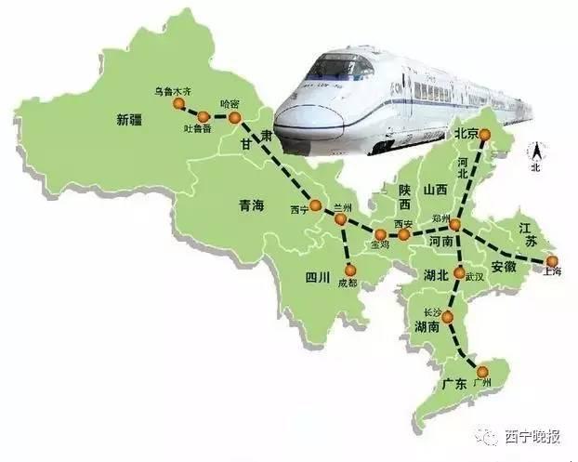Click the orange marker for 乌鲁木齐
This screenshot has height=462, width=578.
pyautogui.click(x=178, y=104)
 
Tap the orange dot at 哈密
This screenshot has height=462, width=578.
pyautogui.click(x=235, y=119)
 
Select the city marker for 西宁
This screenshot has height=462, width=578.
pyautogui.click(x=315, y=206)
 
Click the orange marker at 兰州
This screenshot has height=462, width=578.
pyautogui.click(x=341, y=220)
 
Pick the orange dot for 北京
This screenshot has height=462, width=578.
pyautogui.click(x=484, y=135)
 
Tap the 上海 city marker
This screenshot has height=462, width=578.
pyautogui.click(x=551, y=261)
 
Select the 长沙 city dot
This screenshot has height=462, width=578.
pyautogui.click(x=448, y=318)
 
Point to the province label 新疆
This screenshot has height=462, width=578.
pyautogui.click(x=132, y=119)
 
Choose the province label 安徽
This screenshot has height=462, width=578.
pyautogui.click(x=503, y=266)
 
